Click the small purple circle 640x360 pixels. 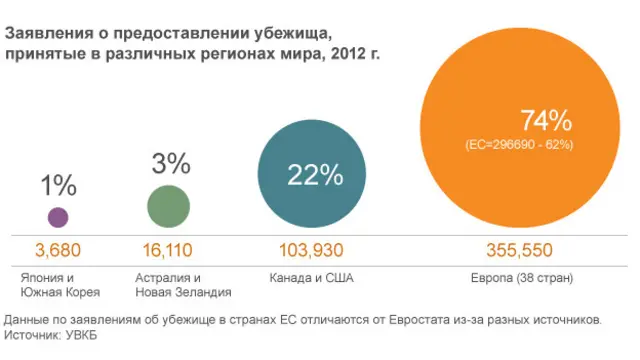[58, 216]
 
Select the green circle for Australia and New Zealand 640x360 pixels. [168, 207]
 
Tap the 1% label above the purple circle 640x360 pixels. [59, 185]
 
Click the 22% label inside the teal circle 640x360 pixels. [315, 176]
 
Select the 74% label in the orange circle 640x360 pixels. [545, 122]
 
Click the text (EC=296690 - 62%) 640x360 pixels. [519, 146]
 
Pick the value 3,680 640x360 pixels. [57, 249]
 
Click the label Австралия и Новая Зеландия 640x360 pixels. [168, 284]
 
